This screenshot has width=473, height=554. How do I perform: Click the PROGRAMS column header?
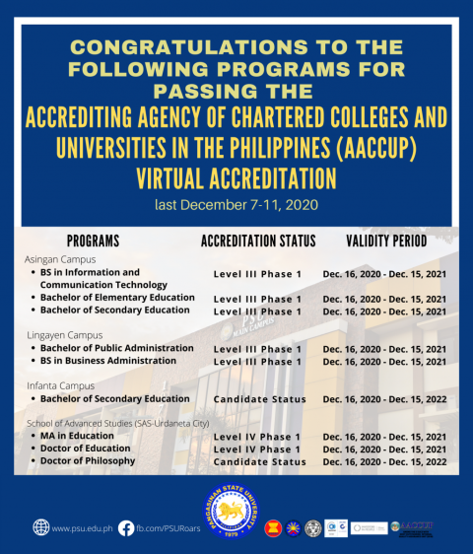(93, 241)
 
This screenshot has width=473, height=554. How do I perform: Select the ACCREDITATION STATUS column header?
(258, 241)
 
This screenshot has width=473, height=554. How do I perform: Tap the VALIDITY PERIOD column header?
(386, 241)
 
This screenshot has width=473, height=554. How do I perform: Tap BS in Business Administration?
(108, 361)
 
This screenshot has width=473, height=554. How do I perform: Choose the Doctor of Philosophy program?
(88, 461)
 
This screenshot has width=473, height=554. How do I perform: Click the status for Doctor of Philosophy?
(259, 462)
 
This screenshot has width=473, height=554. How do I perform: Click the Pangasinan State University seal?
(236, 514)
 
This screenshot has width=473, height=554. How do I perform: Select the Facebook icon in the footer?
(126, 527)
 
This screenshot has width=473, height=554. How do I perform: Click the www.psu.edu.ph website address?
(81, 528)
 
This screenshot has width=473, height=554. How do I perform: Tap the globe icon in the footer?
(40, 527)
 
